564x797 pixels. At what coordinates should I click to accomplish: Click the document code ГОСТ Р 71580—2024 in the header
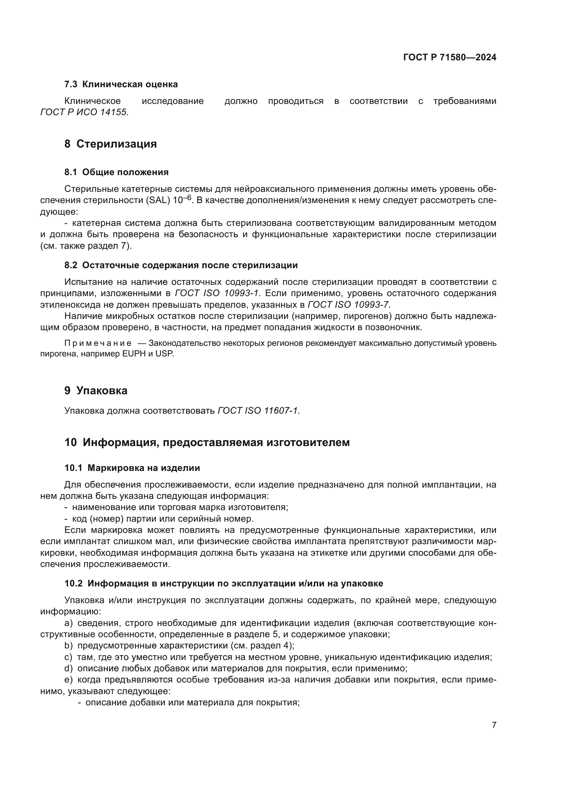[x=450, y=57]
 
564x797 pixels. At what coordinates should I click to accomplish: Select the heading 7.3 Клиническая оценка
[x=121, y=85]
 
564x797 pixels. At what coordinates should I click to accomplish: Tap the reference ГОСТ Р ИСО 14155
[x=84, y=112]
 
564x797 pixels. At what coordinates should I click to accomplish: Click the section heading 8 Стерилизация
[x=110, y=144]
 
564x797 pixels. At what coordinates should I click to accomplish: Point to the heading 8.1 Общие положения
[x=116, y=172]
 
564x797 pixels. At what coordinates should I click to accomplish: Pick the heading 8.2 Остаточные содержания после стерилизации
[x=181, y=265]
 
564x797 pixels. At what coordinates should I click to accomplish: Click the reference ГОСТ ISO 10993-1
[x=217, y=293]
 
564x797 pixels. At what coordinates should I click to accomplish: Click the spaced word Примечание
[x=98, y=343]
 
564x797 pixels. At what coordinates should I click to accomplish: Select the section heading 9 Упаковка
[x=96, y=390]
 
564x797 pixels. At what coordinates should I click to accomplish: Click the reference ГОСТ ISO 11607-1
[x=258, y=411]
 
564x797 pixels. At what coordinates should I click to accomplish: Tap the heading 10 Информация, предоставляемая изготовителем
[x=207, y=443]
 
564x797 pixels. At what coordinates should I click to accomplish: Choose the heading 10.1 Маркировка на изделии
[x=132, y=468]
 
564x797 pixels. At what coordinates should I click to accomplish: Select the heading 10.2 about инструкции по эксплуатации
[x=224, y=583]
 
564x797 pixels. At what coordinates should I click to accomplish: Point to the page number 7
[x=494, y=725]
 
